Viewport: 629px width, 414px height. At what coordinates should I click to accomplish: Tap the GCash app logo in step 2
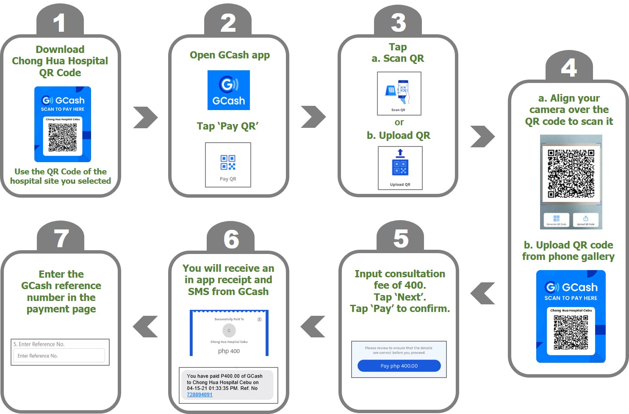point(229,90)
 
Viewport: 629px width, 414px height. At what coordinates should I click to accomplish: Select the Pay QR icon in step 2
point(228,165)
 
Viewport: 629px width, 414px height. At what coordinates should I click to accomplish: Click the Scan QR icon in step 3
point(399,93)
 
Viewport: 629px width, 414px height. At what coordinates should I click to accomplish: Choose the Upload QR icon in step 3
point(400,168)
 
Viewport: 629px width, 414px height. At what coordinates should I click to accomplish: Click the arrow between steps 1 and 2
point(145,117)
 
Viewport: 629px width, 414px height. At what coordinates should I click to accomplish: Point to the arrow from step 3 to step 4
point(482,136)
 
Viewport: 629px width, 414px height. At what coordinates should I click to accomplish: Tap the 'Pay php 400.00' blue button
point(399,366)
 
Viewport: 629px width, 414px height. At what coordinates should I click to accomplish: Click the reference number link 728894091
point(200,395)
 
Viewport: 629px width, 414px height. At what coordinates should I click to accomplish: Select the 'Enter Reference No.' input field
point(59,356)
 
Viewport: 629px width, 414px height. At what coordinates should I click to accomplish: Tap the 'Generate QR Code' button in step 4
point(556,220)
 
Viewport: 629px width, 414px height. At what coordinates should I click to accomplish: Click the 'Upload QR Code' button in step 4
point(586,220)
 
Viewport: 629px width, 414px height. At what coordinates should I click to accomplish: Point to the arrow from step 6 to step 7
point(145,327)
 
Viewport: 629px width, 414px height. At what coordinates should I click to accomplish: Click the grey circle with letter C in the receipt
point(229,331)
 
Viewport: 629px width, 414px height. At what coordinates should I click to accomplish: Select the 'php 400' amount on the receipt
point(229,351)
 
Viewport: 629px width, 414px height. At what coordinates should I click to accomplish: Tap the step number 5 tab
point(400,239)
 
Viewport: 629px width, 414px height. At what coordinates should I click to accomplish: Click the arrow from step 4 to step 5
point(482,293)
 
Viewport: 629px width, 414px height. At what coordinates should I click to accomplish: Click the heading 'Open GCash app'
point(230,55)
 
